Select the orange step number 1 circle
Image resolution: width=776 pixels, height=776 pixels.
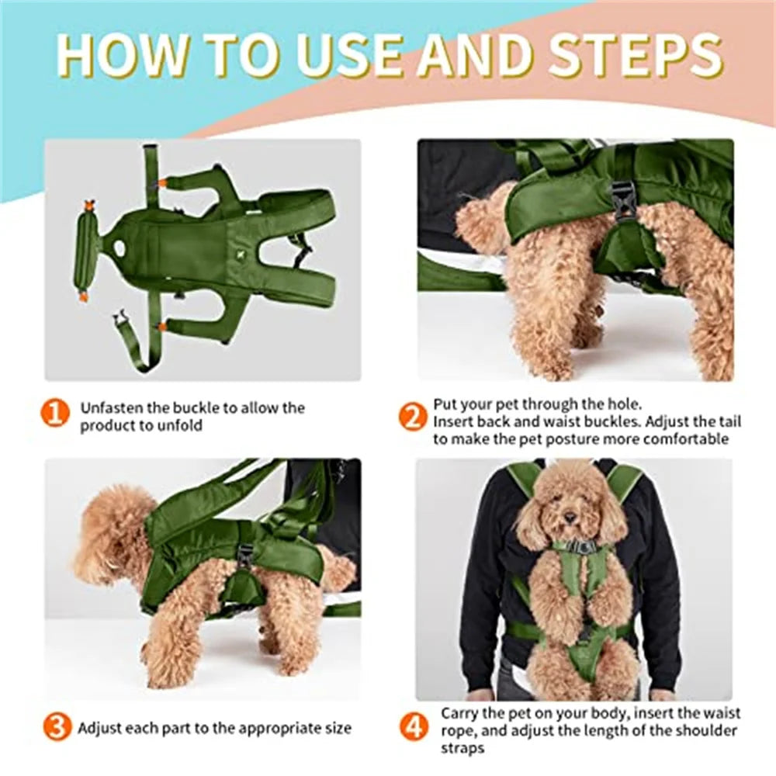coord(55,414)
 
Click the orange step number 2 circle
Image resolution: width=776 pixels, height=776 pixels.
coord(413,417)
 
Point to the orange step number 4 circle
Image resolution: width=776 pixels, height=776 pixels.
coord(414,727)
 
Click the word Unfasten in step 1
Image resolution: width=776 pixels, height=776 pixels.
coord(113,408)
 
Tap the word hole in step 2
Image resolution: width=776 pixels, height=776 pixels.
coord(624,404)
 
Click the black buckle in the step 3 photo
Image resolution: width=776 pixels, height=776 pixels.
coord(245,554)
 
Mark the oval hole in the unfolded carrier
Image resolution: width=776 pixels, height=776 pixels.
coord(119,246)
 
